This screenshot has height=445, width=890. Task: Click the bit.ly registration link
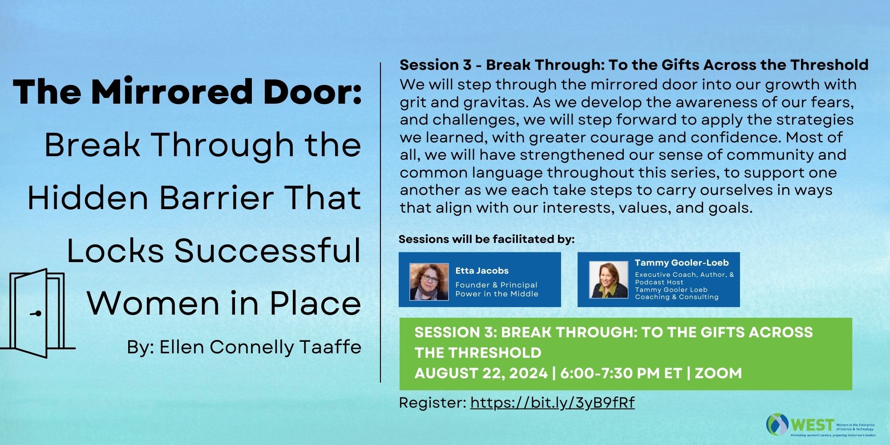coord(552,403)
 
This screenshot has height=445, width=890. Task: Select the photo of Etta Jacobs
coord(429,282)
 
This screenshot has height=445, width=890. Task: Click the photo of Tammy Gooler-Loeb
coord(608,279)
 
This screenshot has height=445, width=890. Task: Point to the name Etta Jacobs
coord(481,271)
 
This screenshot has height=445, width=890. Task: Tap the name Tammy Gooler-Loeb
coord(682,263)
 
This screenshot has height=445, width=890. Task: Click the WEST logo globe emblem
coord(777,424)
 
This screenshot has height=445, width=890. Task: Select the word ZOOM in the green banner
coord(718,373)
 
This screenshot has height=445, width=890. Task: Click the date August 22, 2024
coord(481,373)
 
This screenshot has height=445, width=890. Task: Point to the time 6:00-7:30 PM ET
coord(621,373)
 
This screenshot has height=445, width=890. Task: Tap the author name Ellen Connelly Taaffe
coord(260,347)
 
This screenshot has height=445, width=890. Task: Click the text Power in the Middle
coord(497,294)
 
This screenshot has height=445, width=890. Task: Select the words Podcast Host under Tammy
coord(659,282)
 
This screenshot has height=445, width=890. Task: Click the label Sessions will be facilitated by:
coord(486,239)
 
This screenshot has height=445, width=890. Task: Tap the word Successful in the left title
coord(267,251)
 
